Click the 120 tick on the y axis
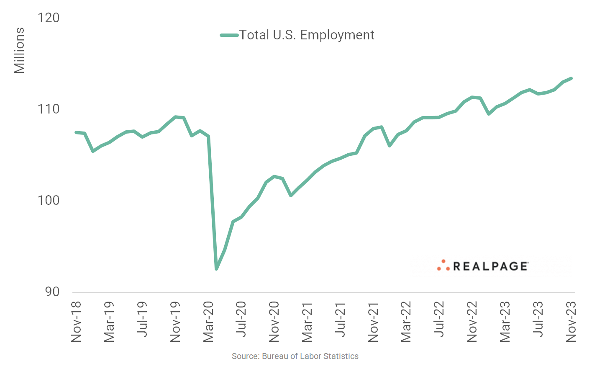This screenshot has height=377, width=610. coord(49,18)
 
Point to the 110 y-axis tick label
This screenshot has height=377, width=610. coord(49,109)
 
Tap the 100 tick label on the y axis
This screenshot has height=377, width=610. coord(49,200)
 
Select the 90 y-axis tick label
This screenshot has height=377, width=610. coord(52,292)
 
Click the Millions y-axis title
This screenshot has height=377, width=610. coord(19,51)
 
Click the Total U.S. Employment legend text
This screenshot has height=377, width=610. coord(307,35)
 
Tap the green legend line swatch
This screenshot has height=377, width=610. coord(229,35)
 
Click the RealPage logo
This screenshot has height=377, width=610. coord(483,266)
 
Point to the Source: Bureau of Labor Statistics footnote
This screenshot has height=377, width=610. coord(295,356)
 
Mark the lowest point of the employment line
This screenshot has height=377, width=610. coord(216,269)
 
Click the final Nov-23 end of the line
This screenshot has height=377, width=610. coord(571,78)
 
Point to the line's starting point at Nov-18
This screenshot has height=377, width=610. coord(76,132)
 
